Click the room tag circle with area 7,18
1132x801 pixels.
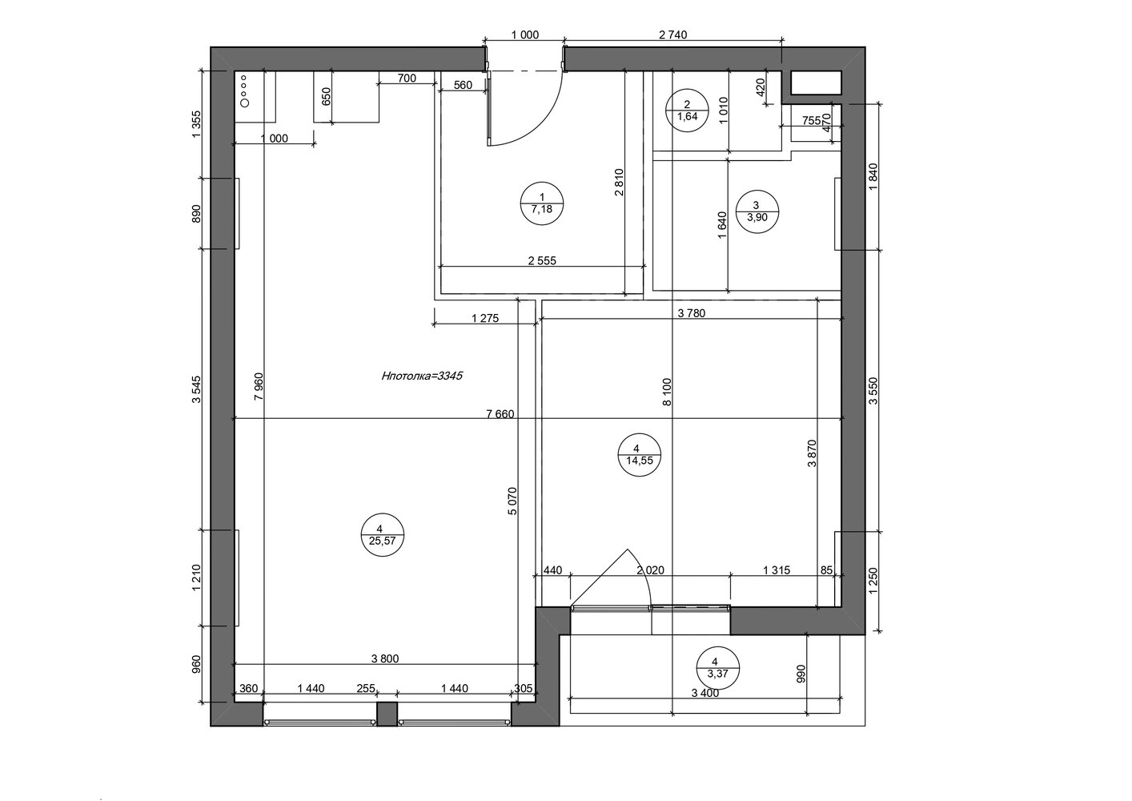point(542,203)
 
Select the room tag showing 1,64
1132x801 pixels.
point(687,111)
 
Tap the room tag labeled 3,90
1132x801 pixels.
point(757,211)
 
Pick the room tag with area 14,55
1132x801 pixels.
point(640,455)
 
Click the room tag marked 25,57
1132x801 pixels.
point(383,534)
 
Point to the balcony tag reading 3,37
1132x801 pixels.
point(717,667)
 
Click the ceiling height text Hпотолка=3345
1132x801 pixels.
point(422,376)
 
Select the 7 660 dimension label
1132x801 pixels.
point(500,414)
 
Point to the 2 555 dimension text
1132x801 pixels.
point(542,261)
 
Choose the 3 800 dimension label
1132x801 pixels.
point(385,659)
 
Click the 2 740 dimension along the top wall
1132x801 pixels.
point(673,35)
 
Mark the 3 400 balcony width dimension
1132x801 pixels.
point(705,694)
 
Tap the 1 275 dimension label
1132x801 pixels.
point(485,318)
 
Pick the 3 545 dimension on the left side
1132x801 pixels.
point(197,389)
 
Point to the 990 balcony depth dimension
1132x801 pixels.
point(800,674)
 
